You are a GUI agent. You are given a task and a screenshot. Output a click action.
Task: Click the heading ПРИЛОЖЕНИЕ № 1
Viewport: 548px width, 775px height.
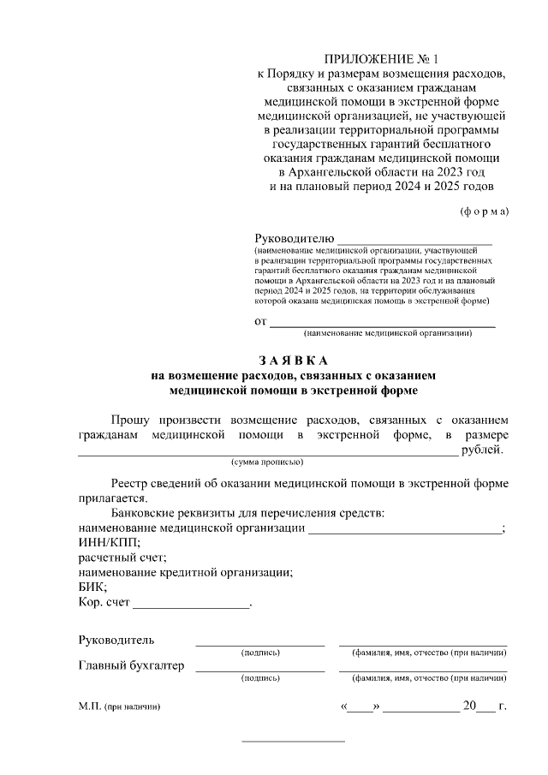click(381, 59)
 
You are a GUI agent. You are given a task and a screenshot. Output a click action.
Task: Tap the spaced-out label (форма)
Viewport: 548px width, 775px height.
click(484, 211)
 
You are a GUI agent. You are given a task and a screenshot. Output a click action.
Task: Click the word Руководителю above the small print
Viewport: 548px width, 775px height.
click(295, 237)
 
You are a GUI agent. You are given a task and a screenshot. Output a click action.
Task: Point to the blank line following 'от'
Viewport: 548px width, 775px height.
click(383, 325)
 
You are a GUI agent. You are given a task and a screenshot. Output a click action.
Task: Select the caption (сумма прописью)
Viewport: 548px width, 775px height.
click(267, 462)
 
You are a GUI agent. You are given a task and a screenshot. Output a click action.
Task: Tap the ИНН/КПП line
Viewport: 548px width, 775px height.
click(110, 542)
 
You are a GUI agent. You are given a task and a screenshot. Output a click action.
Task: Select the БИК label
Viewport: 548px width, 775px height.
click(92, 587)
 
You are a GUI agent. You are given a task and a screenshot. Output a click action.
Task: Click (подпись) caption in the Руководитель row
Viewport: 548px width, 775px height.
click(260, 653)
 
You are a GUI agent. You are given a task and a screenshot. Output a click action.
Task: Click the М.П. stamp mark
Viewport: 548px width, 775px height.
click(90, 707)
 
